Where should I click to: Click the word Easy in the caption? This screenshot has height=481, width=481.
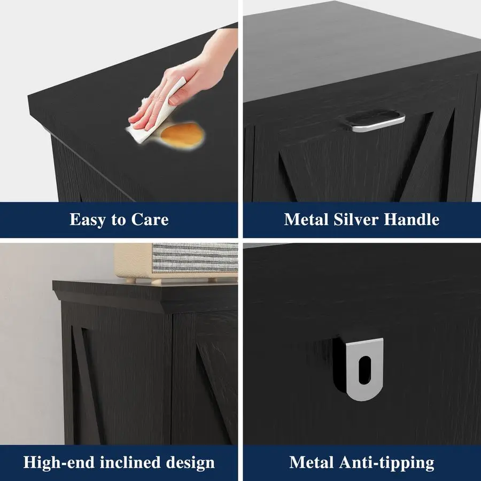[88, 220]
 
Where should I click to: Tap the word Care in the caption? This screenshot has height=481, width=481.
[150, 220]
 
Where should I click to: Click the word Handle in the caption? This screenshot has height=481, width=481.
[412, 219]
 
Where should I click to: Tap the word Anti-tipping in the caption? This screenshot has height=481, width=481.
[386, 463]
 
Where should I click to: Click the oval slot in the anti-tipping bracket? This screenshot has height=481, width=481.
[364, 370]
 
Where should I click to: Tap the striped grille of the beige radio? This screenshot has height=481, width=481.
[195, 258]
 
